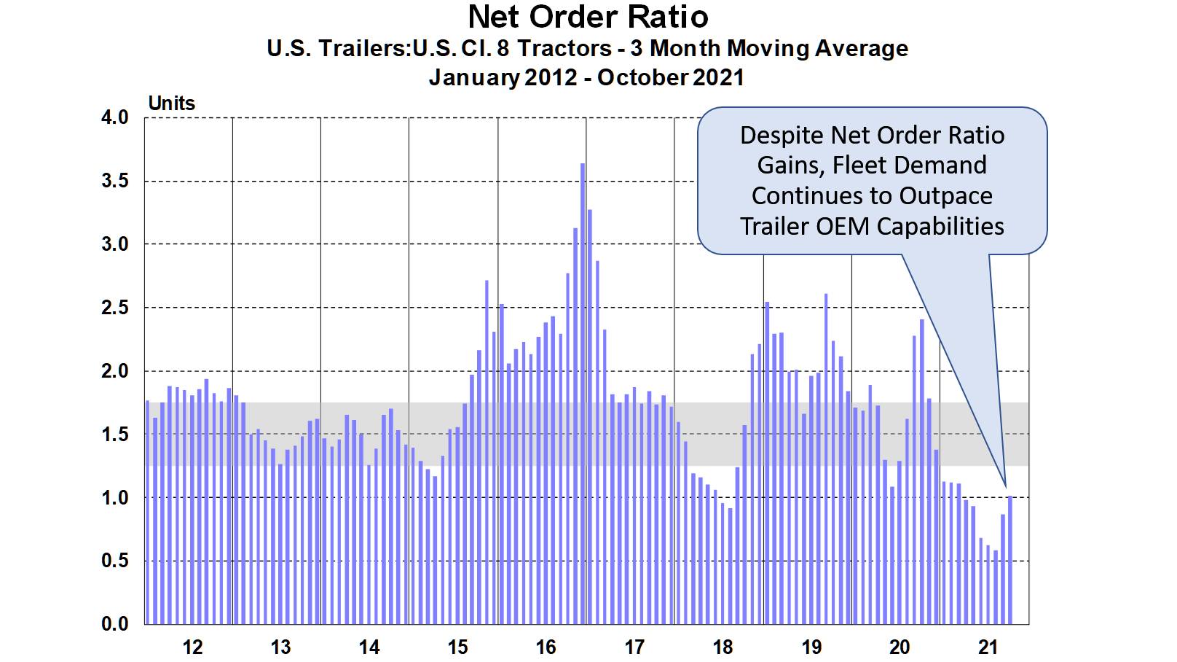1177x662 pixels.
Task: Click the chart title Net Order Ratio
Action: (588, 17)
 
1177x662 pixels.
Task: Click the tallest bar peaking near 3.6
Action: (583, 394)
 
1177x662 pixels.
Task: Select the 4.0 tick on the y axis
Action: (115, 117)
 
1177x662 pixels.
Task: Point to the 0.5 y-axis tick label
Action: (115, 561)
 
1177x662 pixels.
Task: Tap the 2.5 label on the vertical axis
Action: (115, 308)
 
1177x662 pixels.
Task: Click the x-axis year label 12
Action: (192, 647)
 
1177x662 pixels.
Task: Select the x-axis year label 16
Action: (546, 647)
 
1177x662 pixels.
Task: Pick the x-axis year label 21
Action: (988, 647)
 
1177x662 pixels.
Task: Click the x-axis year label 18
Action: (723, 647)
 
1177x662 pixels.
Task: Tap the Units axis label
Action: (172, 104)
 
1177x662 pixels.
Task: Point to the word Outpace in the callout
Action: (946, 196)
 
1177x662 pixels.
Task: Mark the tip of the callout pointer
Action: (1006, 486)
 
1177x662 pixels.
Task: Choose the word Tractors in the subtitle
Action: (564, 49)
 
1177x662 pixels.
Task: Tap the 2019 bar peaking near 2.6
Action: (826, 459)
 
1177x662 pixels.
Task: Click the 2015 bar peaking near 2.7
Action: (487, 452)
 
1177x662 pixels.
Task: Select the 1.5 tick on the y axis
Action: (115, 435)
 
